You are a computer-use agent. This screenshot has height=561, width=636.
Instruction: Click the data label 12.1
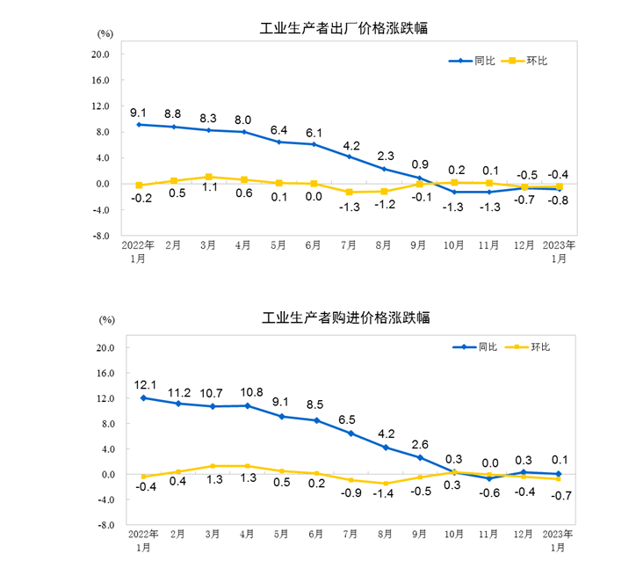click(x=144, y=384)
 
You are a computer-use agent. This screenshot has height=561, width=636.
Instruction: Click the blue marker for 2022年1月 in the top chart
click(x=139, y=125)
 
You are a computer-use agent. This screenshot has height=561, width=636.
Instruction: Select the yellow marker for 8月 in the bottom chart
click(x=384, y=483)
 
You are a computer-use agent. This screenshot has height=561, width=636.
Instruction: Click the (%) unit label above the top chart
click(x=105, y=34)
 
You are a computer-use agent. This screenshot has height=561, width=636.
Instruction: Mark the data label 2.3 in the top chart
click(x=384, y=157)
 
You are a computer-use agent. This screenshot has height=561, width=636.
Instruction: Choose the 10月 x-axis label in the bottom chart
click(x=454, y=534)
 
